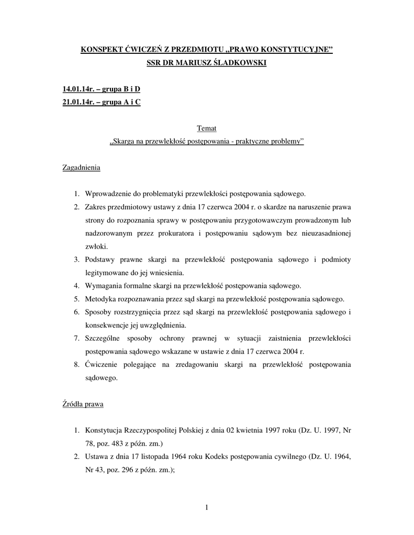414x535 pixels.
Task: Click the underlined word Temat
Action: [x=207, y=128]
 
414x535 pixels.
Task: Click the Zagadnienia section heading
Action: [x=82, y=168]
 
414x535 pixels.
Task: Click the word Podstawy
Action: [x=102, y=260]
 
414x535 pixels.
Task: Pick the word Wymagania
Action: [x=104, y=286]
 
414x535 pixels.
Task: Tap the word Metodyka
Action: [x=101, y=299]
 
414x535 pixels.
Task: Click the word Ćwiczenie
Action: [x=103, y=365]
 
